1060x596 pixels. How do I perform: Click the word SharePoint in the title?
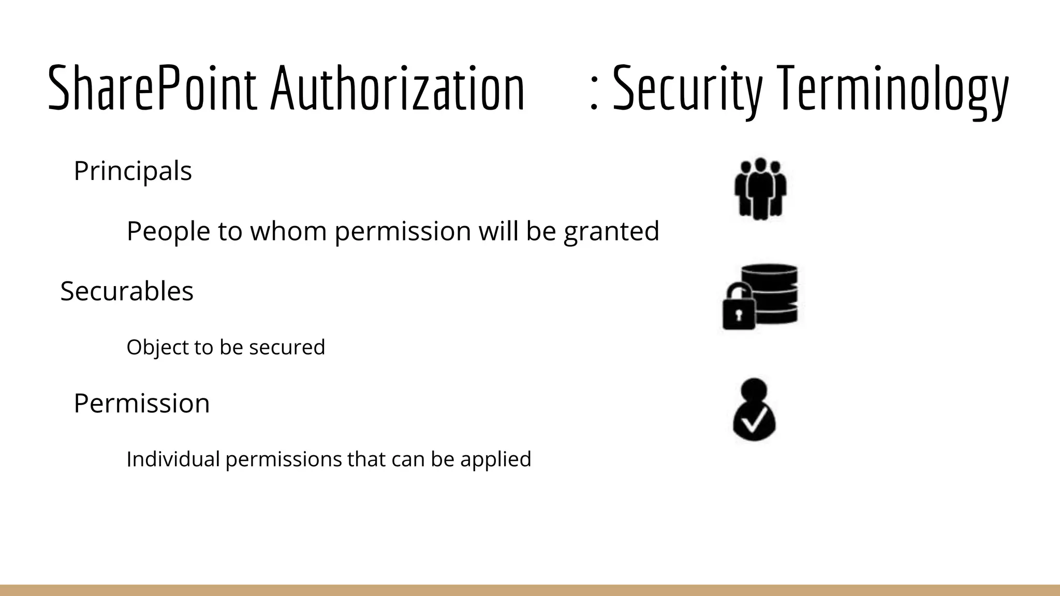point(152,88)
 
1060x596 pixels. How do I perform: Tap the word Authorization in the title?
point(397,88)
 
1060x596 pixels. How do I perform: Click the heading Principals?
point(132,171)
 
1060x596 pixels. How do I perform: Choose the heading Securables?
point(127,291)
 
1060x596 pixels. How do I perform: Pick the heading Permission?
point(142,404)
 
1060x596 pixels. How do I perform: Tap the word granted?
point(611,232)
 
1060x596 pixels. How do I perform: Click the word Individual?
point(173,459)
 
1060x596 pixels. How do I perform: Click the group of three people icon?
point(760,188)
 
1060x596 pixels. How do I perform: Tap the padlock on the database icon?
point(739,308)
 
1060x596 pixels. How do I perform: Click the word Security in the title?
point(688,89)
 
